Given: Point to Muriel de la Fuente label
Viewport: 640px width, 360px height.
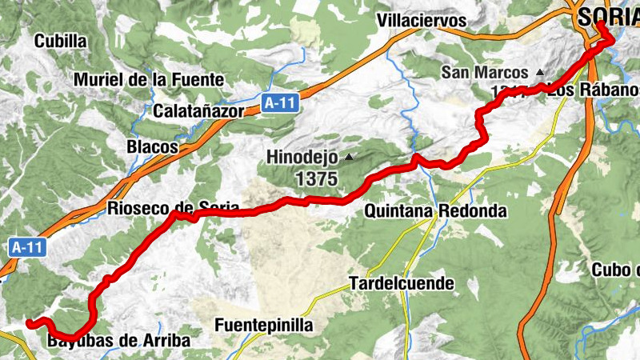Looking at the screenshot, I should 150,79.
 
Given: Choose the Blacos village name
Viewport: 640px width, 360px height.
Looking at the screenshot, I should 151,147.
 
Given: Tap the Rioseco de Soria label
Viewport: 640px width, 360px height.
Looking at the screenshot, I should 173,209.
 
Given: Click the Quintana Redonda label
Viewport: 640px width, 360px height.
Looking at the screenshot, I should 435,211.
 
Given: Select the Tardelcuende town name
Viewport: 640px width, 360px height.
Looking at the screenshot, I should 402,283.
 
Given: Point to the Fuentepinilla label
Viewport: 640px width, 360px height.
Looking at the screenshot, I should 264,326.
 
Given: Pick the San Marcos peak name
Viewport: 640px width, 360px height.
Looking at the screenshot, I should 485,72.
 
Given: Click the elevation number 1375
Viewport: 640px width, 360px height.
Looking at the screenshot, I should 316,179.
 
